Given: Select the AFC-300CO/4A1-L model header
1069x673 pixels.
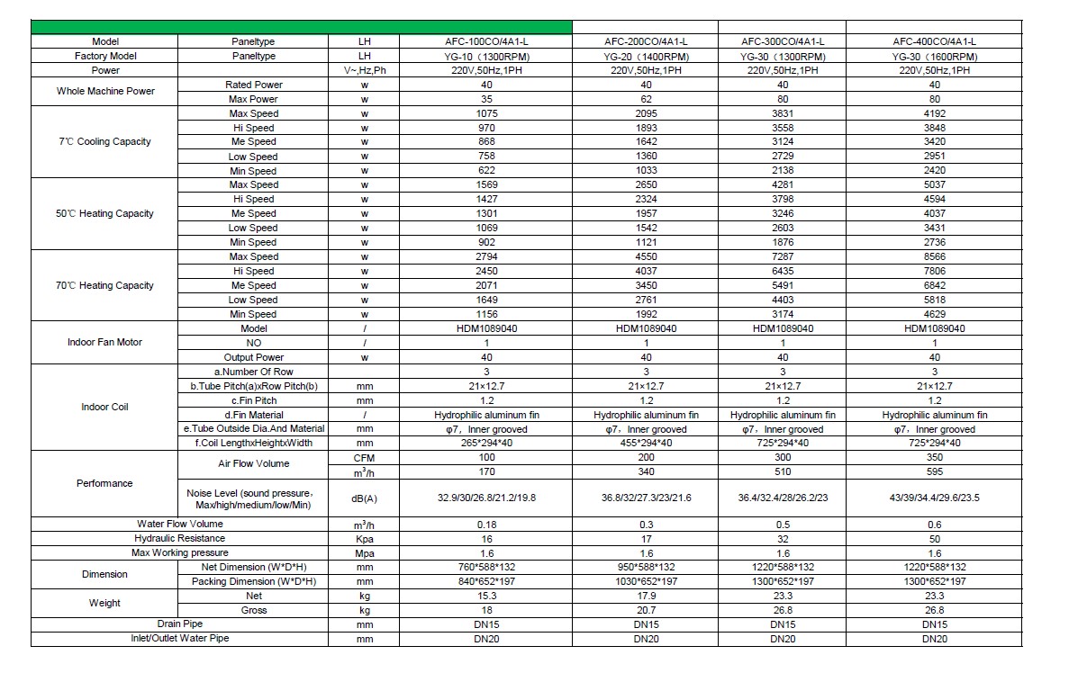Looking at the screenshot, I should pos(782,41).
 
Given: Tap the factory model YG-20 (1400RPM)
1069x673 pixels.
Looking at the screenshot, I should pos(646,56).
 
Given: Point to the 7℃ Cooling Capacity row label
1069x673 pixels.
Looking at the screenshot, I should pos(104,142).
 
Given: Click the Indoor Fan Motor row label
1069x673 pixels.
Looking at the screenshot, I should pos(104,343).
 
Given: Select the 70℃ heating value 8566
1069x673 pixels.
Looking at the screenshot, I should pos(934,257).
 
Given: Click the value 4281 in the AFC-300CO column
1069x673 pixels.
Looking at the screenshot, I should pos(782,185).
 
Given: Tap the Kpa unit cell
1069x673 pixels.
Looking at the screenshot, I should pos(365,538).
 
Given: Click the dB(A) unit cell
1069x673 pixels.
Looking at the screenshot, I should pos(365,498).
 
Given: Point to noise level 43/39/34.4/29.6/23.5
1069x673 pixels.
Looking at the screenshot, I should pos(934,498).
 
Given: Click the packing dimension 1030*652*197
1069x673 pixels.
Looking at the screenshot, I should pos(646,581).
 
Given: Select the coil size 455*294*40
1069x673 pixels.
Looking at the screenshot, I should pos(646,444).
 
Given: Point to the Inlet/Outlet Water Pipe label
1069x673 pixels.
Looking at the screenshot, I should pos(179,639).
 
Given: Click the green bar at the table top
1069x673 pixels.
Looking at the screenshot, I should pos(302,26).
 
